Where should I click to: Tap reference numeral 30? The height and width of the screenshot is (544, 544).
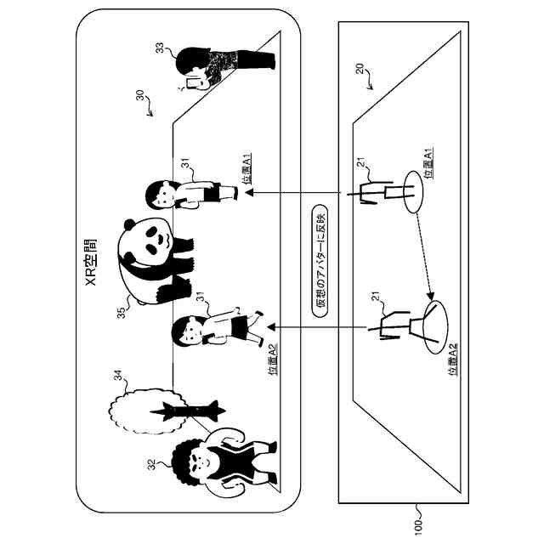139,99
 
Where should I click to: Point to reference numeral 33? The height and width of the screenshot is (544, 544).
160,49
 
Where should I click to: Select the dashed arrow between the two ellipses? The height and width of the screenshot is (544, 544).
422,251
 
